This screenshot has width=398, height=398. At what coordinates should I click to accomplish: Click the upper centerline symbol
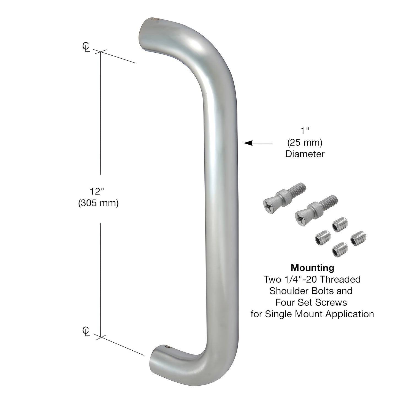86,47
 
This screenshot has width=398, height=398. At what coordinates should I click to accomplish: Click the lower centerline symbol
86,331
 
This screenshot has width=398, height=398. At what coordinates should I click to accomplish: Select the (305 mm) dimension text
98,203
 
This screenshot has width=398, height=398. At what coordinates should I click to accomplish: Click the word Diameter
305,154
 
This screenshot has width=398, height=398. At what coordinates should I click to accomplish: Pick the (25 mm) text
305,143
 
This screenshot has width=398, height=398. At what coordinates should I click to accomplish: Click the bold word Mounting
312,268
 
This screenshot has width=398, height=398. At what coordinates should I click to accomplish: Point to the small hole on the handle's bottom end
166,346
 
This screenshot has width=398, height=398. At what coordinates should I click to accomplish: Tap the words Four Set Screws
311,302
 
